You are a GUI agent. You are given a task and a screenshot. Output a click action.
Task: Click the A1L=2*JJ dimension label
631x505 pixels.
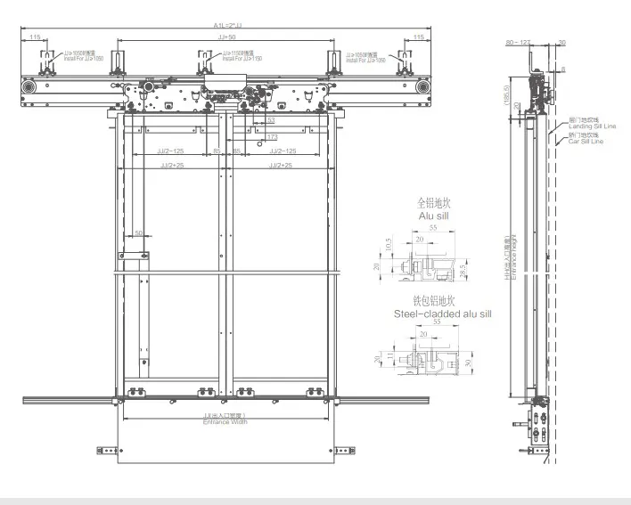pos(226,25)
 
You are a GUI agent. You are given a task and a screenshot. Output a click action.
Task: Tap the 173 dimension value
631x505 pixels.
pos(271,136)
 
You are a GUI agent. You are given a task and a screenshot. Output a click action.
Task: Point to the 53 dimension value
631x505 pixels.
pos(270,119)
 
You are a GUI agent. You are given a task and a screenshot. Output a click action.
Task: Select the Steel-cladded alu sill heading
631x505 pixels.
pos(442,314)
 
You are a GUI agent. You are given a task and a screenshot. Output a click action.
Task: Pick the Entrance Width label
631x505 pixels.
pos(225,422)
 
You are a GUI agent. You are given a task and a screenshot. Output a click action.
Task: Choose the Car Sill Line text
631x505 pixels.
pos(586,142)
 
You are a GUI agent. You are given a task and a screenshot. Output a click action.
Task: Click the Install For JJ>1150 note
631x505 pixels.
pos(234,58)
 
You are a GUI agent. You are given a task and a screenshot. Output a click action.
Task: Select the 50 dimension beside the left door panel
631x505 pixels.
pos(138,233)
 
